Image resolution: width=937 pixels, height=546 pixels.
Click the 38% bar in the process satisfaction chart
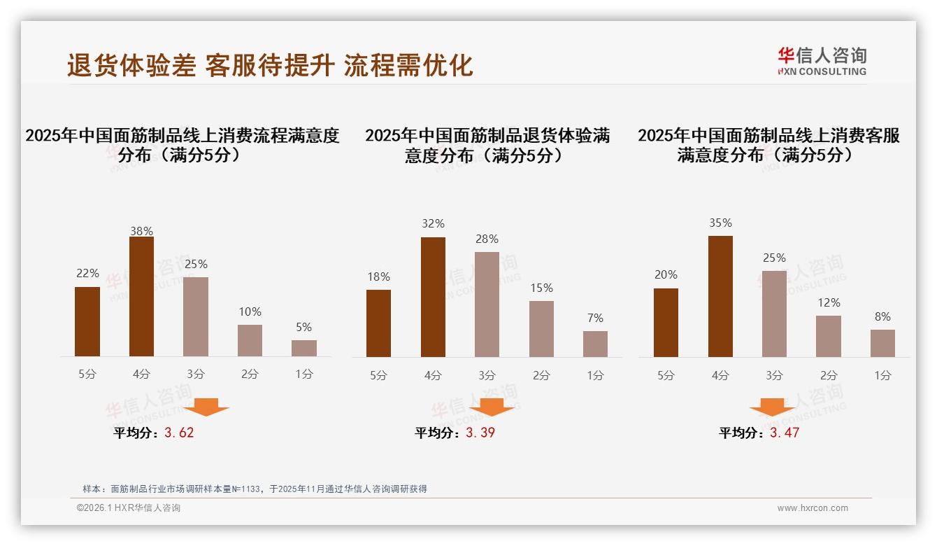pos(141,297)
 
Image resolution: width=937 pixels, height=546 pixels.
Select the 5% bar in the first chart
pos(304,348)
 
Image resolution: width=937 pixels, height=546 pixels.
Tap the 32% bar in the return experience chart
pos(433,297)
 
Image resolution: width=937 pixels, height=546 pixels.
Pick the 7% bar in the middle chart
pos(595,344)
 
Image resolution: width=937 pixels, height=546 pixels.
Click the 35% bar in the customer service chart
pos(720,296)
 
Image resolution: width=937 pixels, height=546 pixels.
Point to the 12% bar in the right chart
pos(829,336)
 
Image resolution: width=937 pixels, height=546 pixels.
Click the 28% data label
pos(487,239)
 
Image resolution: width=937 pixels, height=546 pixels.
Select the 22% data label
pos(87,274)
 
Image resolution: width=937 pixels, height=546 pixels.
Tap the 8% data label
pos(882,317)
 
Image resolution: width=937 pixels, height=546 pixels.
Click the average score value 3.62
pos(179,433)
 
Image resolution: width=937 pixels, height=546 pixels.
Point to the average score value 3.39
pos(480,433)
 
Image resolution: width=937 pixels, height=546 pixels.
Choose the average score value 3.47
pos(785,433)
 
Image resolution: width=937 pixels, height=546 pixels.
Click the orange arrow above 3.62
pos(206,407)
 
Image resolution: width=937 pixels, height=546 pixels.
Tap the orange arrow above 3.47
pos(772,407)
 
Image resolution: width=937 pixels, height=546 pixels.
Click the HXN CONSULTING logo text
pos(822,71)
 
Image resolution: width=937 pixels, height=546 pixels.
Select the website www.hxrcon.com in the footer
pos(813,508)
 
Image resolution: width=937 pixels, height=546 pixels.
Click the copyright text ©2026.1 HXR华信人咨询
pos(129,508)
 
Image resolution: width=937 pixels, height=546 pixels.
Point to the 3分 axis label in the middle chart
pos(487,375)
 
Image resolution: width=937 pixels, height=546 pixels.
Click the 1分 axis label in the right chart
pos(882,375)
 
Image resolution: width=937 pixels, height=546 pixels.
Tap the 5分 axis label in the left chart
pos(87,374)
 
